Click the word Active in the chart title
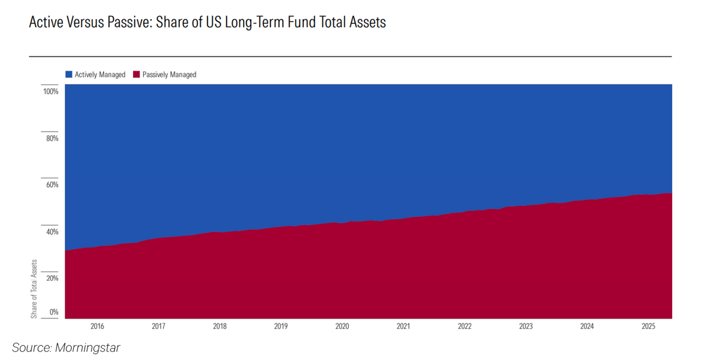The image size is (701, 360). point(46,23)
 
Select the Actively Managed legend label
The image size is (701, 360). point(100,75)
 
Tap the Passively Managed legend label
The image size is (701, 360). point(169,75)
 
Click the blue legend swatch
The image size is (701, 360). point(69,75)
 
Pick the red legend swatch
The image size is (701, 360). point(137,75)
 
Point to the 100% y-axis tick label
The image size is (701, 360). point(50,92)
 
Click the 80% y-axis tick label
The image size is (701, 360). point(52,139)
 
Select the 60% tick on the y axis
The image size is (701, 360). point(52,185)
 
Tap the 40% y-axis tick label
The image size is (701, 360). point(52,232)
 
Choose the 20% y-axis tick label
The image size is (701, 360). point(52,278)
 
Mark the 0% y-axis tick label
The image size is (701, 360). point(53,312)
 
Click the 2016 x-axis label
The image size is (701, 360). point(97,327)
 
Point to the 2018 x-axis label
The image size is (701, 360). point(219,327)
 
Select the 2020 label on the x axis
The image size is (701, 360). point(342,327)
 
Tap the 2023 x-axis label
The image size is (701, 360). point(526,327)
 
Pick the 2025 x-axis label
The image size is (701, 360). point(648,327)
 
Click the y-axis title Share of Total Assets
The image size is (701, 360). point(34,289)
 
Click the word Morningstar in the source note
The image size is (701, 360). point(88,347)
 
